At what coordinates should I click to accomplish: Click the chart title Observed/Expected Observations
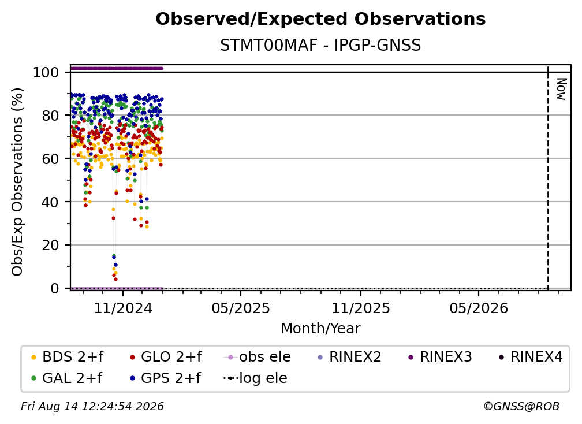[x=320, y=19]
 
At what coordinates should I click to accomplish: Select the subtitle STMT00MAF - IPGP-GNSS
[x=320, y=46]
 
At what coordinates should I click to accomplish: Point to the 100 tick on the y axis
[x=46, y=72]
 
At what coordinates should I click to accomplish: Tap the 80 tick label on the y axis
[x=50, y=116]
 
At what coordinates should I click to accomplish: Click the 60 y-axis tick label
[x=50, y=159]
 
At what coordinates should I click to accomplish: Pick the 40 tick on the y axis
[x=50, y=202]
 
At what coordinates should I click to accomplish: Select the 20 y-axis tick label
[x=50, y=246]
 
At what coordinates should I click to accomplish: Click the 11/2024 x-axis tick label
[x=123, y=308]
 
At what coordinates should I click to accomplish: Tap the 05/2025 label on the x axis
[x=241, y=308]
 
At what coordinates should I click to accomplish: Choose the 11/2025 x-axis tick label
[x=361, y=308]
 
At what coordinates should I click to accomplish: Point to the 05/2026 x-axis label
[x=479, y=308]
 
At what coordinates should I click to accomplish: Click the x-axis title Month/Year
[x=320, y=329]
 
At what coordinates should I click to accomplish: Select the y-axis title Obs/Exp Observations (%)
[x=17, y=182]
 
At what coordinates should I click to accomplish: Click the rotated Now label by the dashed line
[x=562, y=89]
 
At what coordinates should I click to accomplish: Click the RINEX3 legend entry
[x=440, y=357]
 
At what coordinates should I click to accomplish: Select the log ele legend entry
[x=255, y=378]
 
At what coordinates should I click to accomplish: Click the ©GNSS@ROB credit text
[x=521, y=406]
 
